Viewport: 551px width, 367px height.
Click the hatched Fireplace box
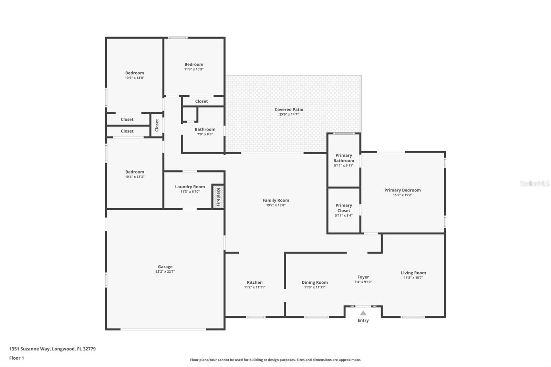(218, 197)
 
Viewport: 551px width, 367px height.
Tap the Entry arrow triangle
(363, 313)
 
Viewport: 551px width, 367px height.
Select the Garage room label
(165, 267)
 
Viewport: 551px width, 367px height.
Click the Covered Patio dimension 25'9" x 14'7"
(289, 114)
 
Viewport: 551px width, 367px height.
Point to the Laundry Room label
(190, 187)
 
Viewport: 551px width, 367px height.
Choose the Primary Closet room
(343, 210)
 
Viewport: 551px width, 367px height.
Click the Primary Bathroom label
(343, 158)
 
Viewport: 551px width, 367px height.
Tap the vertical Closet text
(157, 125)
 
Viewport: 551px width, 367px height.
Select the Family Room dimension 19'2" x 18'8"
(275, 205)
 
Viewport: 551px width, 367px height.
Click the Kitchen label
(254, 282)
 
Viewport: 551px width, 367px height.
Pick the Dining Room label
(314, 282)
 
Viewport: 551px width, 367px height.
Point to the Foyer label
(363, 277)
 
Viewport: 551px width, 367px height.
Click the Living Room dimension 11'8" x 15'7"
(413, 277)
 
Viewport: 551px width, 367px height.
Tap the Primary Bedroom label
(402, 190)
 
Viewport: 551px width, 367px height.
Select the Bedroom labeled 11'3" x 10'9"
(194, 64)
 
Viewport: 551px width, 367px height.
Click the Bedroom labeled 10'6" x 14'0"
(134, 73)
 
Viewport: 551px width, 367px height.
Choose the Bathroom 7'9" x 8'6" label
(205, 129)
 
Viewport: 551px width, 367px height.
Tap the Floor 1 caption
(17, 358)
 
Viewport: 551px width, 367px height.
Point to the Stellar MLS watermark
(534, 184)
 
